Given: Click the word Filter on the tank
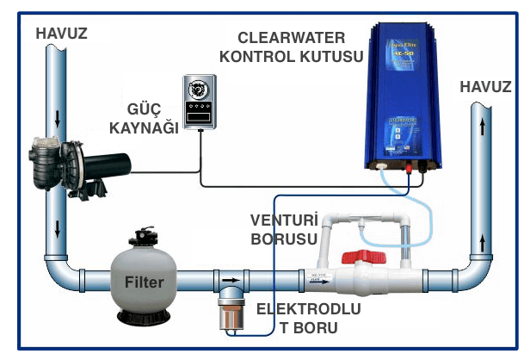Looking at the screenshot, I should pyautogui.click(x=143, y=281).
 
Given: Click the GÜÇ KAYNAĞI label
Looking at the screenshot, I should pyautogui.click(x=149, y=119).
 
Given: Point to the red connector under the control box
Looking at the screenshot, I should pyautogui.click(x=407, y=169).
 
